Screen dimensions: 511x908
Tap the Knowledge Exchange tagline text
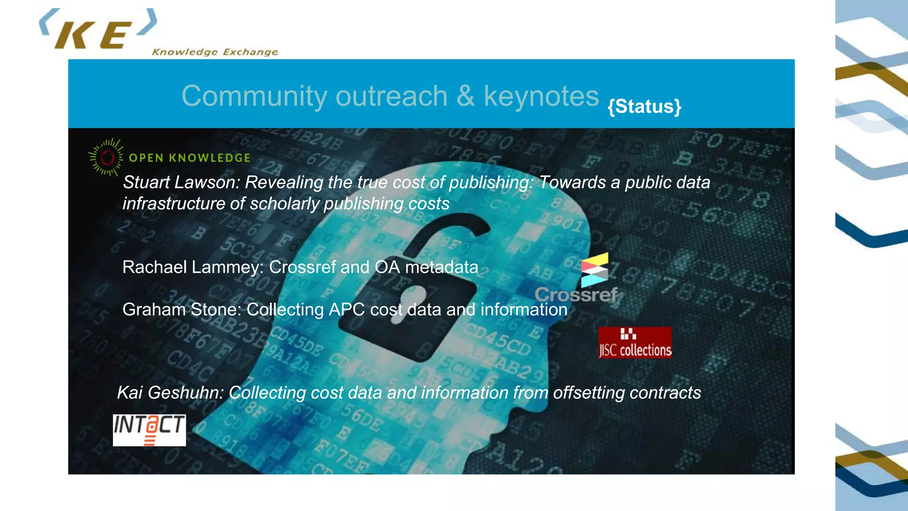(215, 52)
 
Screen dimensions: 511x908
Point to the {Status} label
(644, 106)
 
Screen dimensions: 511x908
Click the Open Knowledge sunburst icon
(106, 157)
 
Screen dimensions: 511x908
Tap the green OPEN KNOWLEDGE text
(189, 158)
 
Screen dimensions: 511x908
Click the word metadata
(442, 267)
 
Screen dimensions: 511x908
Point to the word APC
(347, 310)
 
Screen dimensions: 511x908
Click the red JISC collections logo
(635, 342)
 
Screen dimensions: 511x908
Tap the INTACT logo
(149, 430)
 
